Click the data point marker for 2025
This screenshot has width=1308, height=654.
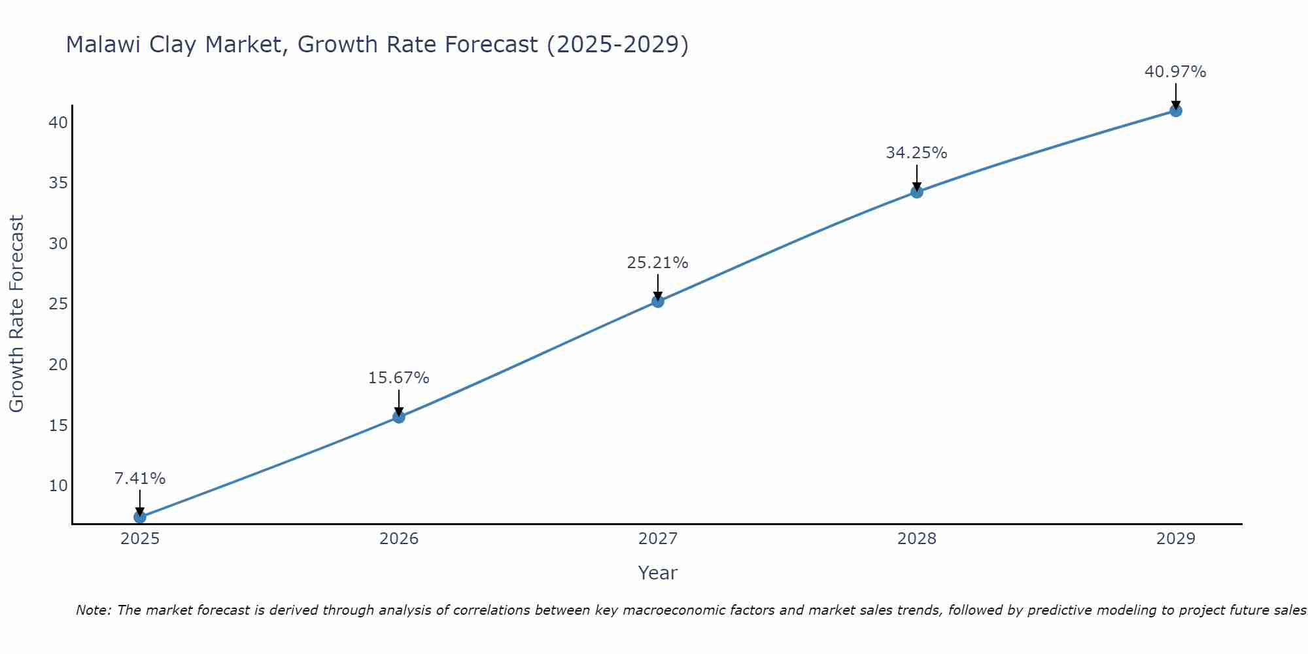pyautogui.click(x=140, y=517)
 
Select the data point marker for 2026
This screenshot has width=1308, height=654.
pyautogui.click(x=399, y=417)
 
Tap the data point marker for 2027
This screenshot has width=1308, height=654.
pyautogui.click(x=658, y=301)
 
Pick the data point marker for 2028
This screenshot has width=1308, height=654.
pyautogui.click(x=917, y=192)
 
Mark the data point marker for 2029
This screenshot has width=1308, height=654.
pyautogui.click(x=1176, y=111)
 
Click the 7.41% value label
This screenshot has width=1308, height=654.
pyautogui.click(x=140, y=479)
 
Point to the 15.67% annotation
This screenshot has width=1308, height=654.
pyautogui.click(x=398, y=378)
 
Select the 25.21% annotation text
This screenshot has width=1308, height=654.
pyautogui.click(x=657, y=263)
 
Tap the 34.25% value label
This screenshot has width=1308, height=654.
pyautogui.click(x=916, y=153)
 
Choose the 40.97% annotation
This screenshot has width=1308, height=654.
pyautogui.click(x=1175, y=72)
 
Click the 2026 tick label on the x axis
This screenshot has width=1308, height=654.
pyautogui.click(x=399, y=539)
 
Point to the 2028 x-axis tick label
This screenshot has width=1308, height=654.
pyautogui.click(x=917, y=539)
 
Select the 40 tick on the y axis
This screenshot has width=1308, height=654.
pyautogui.click(x=58, y=123)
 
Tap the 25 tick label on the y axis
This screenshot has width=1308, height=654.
pyautogui.click(x=58, y=304)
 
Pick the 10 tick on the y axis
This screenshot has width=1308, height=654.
pyautogui.click(x=58, y=486)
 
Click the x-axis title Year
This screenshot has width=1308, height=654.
pyautogui.click(x=657, y=573)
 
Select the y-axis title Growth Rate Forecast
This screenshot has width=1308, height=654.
pyautogui.click(x=17, y=313)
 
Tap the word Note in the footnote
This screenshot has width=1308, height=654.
pyautogui.click(x=94, y=610)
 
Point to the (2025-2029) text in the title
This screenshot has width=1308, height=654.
pyautogui.click(x=617, y=45)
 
